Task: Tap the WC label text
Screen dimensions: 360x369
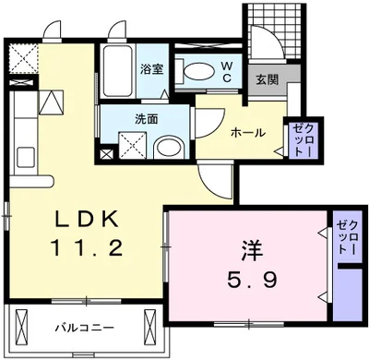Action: (x=225, y=71)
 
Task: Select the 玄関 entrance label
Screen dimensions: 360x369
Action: (x=267, y=78)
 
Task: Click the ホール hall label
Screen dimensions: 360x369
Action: (x=247, y=133)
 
